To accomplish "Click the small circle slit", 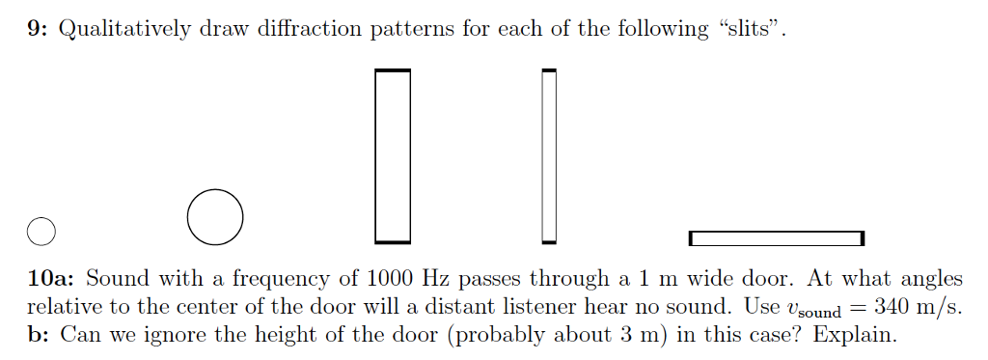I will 41,231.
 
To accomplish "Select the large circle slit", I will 215,216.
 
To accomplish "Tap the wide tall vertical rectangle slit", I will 393,154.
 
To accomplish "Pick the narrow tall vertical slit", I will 549,154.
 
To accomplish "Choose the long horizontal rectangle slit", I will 776,237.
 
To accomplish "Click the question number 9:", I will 39,29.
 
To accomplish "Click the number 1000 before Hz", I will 392,279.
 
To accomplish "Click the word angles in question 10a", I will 931,280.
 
